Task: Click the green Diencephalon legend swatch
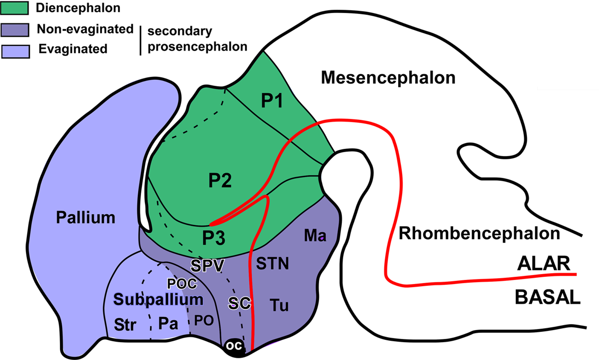(14, 8)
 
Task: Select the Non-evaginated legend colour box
(15, 30)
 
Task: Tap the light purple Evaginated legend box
(16, 51)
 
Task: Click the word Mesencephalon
(388, 78)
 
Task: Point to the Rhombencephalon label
(479, 233)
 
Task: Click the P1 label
(272, 101)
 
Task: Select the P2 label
(220, 181)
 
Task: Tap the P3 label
(213, 238)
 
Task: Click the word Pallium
(85, 218)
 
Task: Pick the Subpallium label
(158, 299)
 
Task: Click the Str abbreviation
(125, 325)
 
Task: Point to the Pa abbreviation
(168, 324)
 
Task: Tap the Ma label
(315, 236)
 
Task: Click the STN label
(272, 264)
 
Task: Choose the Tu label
(279, 305)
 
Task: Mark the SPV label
(208, 266)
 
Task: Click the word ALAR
(543, 264)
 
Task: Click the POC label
(182, 284)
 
